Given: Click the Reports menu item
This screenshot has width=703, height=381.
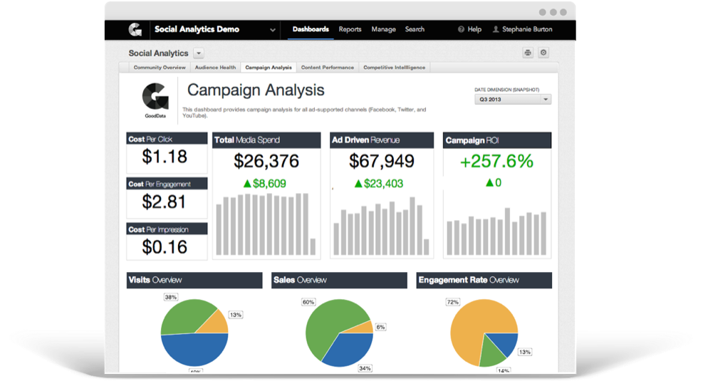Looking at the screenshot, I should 350,29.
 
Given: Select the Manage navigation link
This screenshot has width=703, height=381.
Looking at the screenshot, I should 383,29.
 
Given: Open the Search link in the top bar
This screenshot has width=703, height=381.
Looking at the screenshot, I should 415,29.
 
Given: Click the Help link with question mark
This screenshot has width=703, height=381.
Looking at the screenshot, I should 469,29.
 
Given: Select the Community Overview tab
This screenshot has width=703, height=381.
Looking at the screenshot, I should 160,68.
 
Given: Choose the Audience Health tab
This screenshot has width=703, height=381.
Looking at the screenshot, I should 215,68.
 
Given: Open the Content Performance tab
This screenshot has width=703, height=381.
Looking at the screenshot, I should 327,68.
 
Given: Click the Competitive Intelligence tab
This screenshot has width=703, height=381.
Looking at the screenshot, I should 394,68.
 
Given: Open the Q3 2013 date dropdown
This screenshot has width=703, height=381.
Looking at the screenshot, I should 512,100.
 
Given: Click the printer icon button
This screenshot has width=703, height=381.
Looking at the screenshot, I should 528,53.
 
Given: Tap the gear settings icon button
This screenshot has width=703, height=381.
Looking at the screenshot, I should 543,53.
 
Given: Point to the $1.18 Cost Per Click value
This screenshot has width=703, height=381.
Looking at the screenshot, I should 165,157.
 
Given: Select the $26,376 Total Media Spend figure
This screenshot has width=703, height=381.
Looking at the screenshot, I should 266,161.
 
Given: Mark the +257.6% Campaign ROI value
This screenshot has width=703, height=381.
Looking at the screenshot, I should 496,161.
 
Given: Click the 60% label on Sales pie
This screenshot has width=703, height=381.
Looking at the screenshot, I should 308,302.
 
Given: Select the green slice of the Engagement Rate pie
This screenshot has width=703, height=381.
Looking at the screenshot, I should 490,350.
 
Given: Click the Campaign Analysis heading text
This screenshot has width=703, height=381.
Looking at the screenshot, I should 255,90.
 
